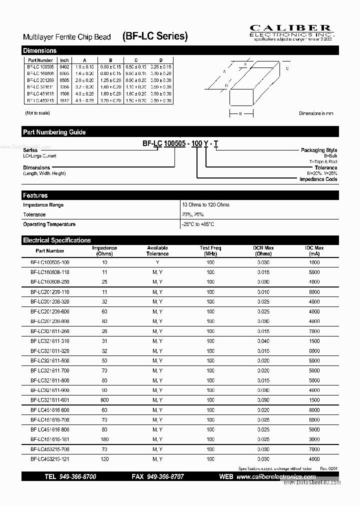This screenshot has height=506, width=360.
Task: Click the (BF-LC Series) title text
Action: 155,36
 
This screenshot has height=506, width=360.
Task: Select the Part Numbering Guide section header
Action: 54,132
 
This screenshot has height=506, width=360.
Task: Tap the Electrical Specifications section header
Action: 57,240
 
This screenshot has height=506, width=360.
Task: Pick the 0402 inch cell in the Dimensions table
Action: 64,67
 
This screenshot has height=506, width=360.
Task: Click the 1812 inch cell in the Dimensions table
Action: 64,100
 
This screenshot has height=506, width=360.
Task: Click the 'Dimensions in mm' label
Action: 315,113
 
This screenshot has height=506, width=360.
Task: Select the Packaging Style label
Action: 318,150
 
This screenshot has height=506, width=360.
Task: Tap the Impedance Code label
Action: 318,179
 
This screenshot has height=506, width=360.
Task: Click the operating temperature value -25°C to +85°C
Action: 198,224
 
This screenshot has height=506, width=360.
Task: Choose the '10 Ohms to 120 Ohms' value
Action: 206,205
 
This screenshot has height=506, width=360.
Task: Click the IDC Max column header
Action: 314,250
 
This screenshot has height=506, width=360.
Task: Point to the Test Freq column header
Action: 210,250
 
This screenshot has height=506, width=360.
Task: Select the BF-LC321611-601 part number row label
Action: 50,400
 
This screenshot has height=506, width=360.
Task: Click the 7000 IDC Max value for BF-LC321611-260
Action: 314,331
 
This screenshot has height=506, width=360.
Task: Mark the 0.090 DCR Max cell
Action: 263,400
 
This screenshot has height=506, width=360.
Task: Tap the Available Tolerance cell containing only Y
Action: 157,262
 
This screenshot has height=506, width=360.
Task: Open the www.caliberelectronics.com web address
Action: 276,477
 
